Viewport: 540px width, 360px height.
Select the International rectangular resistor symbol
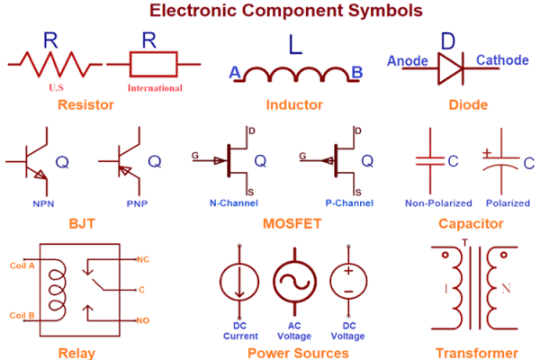point(156,64)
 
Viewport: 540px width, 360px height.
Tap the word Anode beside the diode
point(406,61)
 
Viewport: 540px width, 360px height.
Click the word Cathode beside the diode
point(502,60)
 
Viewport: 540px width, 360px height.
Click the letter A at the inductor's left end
point(235,72)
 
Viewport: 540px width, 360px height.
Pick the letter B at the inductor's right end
point(356,72)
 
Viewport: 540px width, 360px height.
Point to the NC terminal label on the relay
point(143,259)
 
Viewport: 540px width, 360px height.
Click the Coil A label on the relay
point(22,265)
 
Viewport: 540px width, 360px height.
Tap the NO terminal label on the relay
point(143,320)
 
